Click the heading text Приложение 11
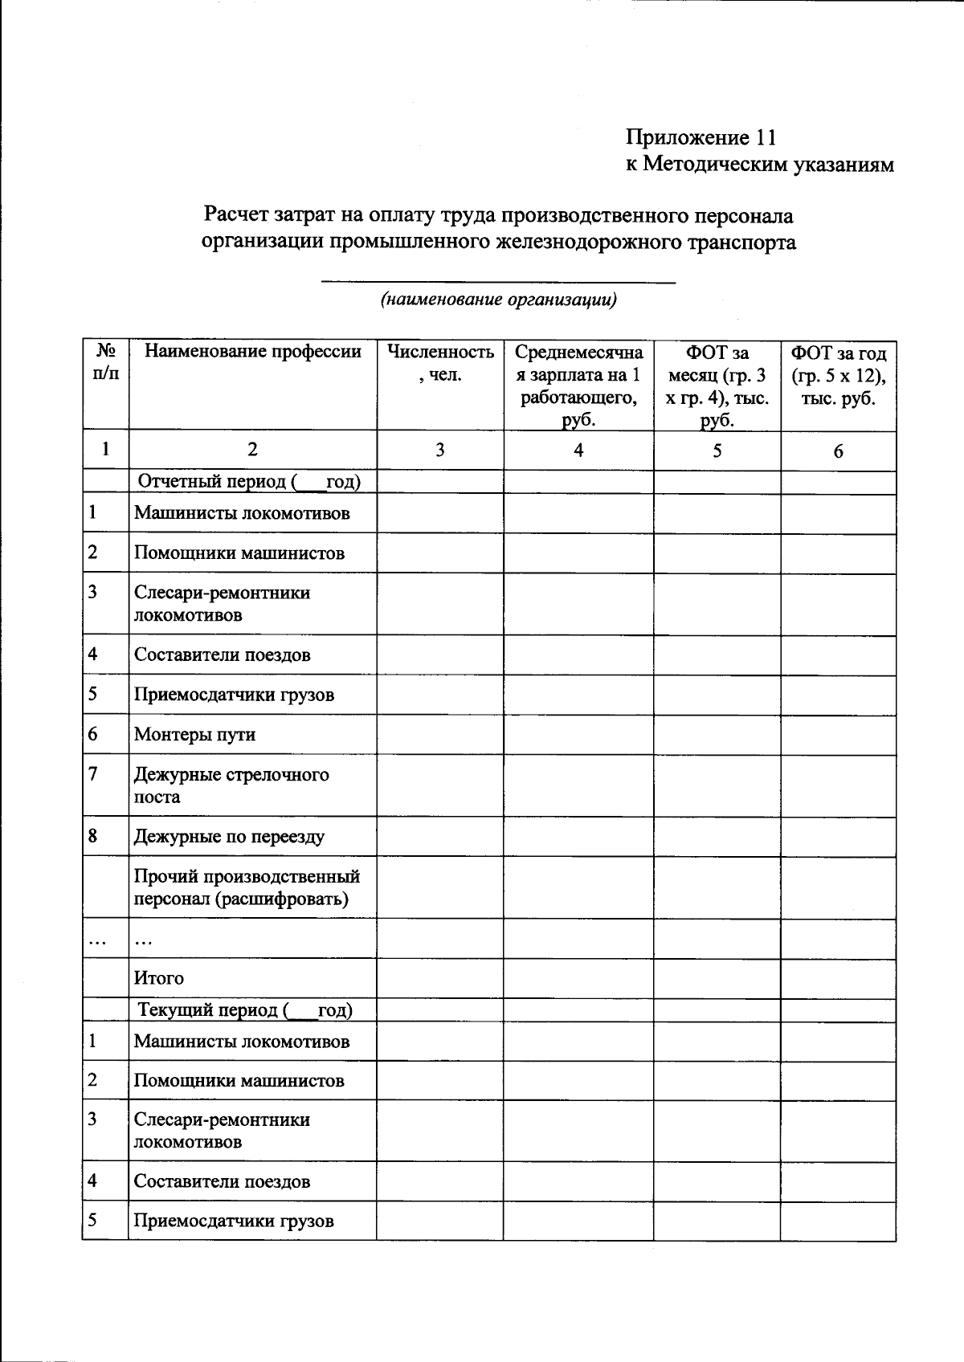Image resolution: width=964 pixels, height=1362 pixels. click(x=701, y=137)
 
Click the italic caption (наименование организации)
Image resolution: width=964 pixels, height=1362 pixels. click(x=498, y=300)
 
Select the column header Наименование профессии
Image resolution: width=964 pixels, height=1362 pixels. click(x=252, y=352)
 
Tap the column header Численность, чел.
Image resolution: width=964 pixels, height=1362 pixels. click(x=440, y=363)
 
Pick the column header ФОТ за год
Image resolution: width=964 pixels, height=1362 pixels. click(x=838, y=375)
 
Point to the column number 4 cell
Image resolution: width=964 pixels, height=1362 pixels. click(x=578, y=451)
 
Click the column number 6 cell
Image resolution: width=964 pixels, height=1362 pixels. click(x=838, y=451)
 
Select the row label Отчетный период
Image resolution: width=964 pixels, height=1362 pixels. click(x=249, y=482)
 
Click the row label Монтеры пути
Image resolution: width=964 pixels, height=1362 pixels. click(x=194, y=734)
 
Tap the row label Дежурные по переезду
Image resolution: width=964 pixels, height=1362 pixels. click(x=229, y=837)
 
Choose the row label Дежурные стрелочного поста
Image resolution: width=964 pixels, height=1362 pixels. click(x=231, y=785)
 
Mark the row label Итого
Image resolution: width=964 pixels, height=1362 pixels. click(x=158, y=978)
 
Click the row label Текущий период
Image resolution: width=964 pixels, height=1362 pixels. click(x=245, y=1010)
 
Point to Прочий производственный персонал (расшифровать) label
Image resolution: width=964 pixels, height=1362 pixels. click(x=246, y=887)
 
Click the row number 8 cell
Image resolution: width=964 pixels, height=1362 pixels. click(x=93, y=836)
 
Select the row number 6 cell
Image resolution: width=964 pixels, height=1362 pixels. click(x=93, y=733)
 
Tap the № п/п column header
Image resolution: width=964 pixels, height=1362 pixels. click(x=105, y=363)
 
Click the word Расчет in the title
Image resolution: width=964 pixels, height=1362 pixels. click(x=236, y=215)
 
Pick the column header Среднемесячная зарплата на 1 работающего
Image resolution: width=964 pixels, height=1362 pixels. click(x=578, y=386)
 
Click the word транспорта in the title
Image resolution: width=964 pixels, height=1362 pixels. click(x=739, y=242)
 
